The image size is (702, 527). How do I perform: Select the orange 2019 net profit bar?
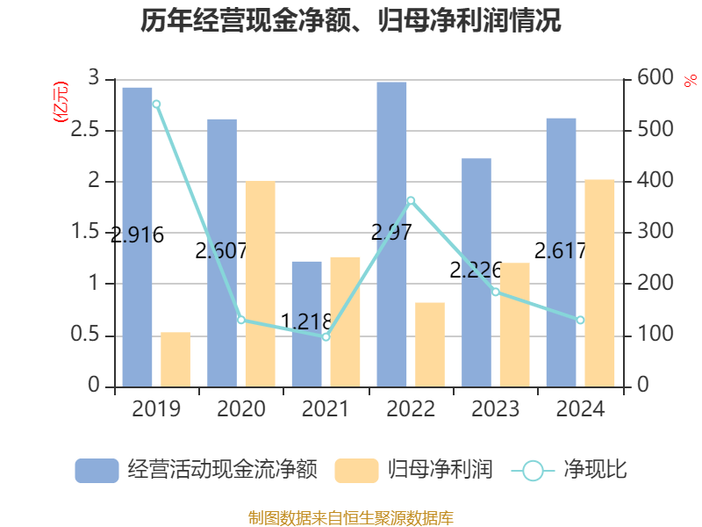click(x=175, y=359)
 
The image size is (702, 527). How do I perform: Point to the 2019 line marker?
click(x=156, y=104)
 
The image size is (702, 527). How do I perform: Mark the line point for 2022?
click(x=411, y=200)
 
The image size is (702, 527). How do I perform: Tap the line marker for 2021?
click(x=326, y=336)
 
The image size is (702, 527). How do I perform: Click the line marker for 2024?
click(x=580, y=320)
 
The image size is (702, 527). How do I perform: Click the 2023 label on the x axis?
click(x=495, y=409)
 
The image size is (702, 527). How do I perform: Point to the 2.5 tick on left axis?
click(x=93, y=131)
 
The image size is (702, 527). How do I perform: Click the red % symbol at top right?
click(x=690, y=80)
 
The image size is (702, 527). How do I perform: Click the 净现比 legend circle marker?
click(x=533, y=471)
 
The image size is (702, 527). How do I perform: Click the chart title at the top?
click(x=351, y=20)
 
